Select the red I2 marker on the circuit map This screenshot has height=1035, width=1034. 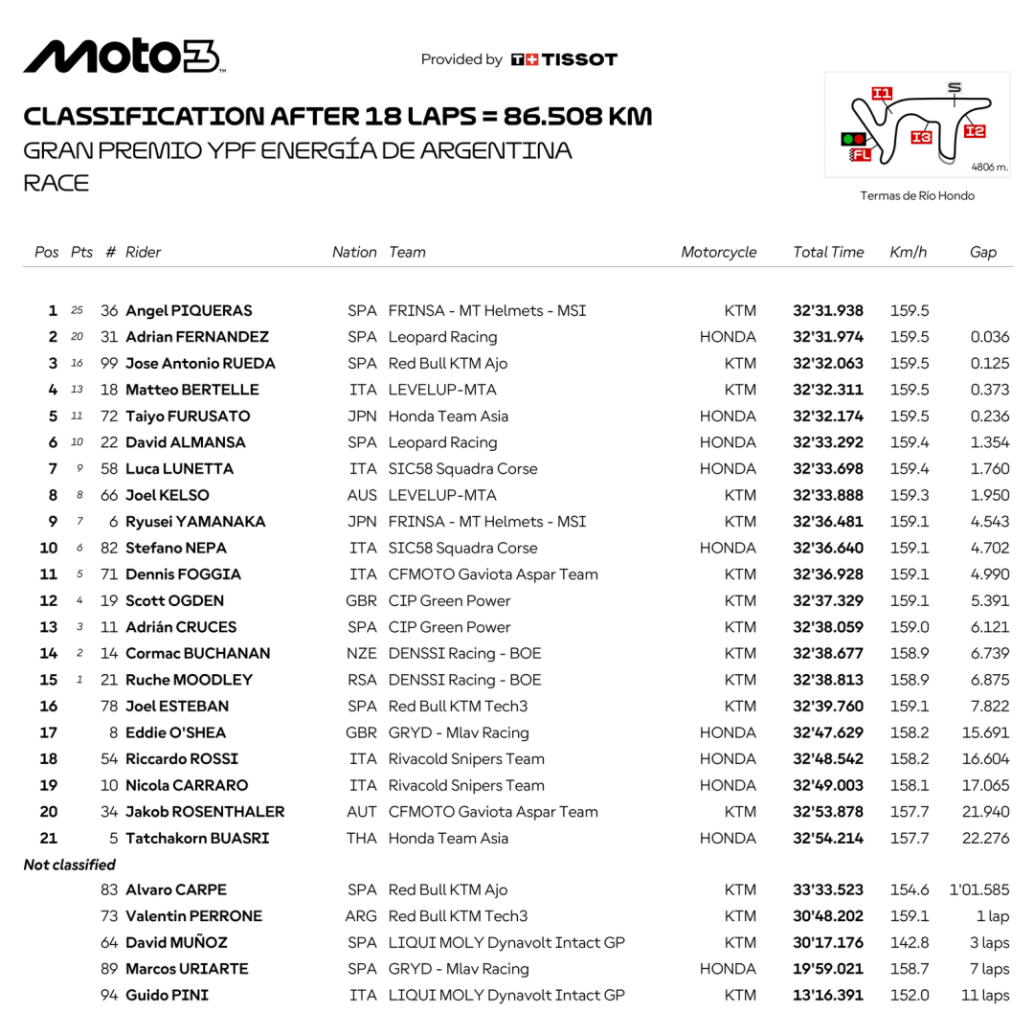975,131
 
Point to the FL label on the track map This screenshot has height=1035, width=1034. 861,154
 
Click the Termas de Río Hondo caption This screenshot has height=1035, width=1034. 917,195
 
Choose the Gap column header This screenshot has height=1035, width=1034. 982,253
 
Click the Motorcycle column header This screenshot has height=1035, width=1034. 718,253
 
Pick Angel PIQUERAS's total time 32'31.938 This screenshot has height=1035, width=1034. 828,311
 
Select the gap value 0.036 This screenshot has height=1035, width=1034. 989,337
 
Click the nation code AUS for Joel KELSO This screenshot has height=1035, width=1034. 362,495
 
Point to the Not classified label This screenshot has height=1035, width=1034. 69,865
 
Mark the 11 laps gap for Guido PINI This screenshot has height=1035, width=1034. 985,995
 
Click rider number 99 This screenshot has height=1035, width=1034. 109,364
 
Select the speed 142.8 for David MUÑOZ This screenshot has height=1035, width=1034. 910,942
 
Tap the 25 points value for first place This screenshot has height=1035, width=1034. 78,311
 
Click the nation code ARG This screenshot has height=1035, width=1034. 361,916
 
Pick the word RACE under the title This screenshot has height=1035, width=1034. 56,184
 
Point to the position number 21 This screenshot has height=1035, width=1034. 48,838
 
